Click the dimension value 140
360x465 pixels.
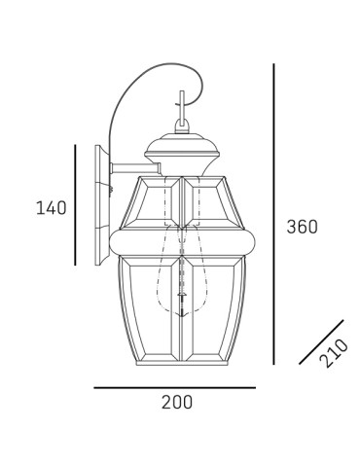click(51, 207)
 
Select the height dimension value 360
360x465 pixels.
click(303, 228)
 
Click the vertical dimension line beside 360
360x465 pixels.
click(273, 214)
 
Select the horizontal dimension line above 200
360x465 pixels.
click(174, 387)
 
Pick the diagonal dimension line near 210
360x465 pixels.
click(321, 342)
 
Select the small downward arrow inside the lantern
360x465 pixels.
click(180, 313)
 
